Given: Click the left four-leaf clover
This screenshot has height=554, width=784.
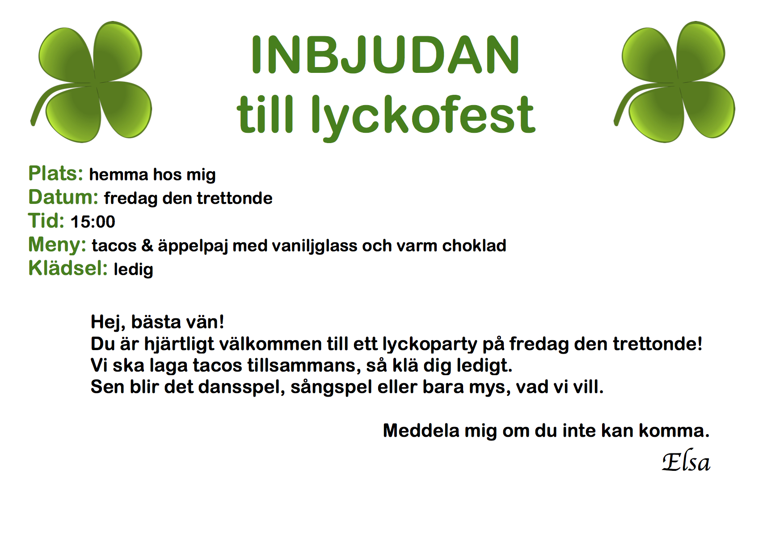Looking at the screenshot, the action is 91,82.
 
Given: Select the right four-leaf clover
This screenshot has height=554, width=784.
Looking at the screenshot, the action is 674,82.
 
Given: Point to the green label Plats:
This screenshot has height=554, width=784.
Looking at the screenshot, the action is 56,173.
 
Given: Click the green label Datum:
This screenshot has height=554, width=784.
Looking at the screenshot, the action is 63,197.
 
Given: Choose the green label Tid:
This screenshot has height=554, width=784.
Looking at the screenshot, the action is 46,221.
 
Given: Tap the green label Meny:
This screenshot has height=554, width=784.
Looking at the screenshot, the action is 57,245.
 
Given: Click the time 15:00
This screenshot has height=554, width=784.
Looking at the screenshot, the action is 93,222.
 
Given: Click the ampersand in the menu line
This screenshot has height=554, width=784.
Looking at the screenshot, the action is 147,245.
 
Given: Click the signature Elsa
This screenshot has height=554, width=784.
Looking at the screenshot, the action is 686,461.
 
